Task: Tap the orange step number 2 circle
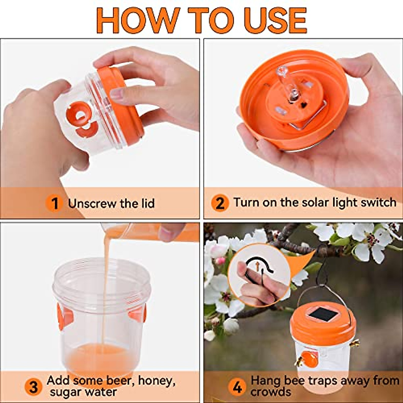point(220,204)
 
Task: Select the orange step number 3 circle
point(34,387)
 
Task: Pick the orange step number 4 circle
point(237,387)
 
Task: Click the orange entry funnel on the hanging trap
point(310,359)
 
